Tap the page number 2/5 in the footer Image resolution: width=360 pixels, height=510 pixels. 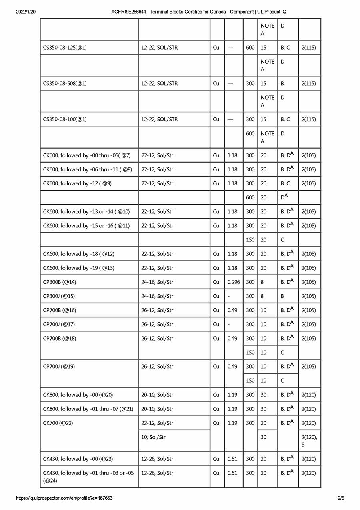pos(341,498)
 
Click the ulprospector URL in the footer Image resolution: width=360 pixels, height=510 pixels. pos(64,498)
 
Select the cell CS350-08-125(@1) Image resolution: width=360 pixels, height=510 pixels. pos(65,48)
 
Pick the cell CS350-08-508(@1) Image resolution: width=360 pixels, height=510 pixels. pos(65,84)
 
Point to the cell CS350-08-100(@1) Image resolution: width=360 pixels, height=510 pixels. pos(65,119)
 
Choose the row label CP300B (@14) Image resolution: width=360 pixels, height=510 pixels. pos(60,282)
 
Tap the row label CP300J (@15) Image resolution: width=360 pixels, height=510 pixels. pos(59,296)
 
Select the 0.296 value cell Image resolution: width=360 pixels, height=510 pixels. pos(234,282)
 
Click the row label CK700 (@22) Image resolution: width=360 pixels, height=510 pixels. pos(58,423)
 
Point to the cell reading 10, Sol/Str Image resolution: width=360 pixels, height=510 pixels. pos(153,437)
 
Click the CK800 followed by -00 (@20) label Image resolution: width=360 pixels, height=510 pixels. pos(78,395)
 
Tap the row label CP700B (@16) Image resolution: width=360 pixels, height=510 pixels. pos(60,310)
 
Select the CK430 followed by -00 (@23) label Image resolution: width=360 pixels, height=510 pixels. pos(78,459)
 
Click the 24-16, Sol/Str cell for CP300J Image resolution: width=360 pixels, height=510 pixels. pos(157,296)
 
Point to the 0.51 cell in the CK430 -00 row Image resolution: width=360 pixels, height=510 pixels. pos(232,459)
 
